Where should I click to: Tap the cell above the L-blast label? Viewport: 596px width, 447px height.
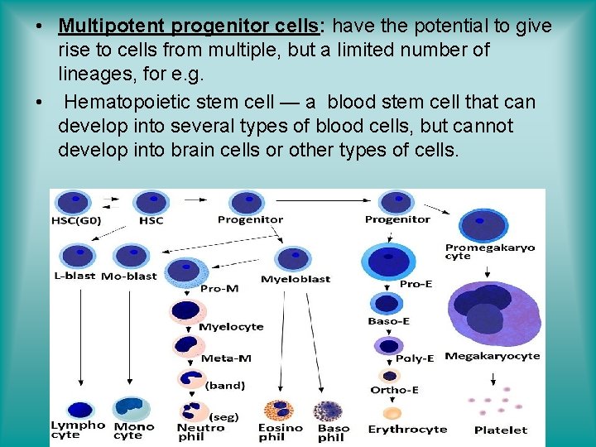tap(78, 254)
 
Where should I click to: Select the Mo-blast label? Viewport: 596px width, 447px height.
tap(128, 276)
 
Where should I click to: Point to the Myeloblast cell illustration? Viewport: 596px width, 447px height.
tap(292, 259)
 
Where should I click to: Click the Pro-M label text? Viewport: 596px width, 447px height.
tap(219, 288)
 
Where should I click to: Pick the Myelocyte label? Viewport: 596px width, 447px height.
tap(231, 326)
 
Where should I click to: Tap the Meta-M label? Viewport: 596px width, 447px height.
tap(226, 358)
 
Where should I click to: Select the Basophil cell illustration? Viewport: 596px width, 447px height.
tap(329, 411)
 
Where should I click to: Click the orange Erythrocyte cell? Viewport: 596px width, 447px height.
tap(392, 412)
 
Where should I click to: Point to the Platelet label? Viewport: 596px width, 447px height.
tap(500, 430)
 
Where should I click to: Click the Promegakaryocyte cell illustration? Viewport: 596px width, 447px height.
tap(483, 226)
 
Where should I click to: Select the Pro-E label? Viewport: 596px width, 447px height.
tap(416, 283)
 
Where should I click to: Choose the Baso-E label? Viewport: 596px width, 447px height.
tap(388, 321)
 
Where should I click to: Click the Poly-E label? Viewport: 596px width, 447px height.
tap(415, 358)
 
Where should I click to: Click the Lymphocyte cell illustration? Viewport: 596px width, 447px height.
tap(79, 409)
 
